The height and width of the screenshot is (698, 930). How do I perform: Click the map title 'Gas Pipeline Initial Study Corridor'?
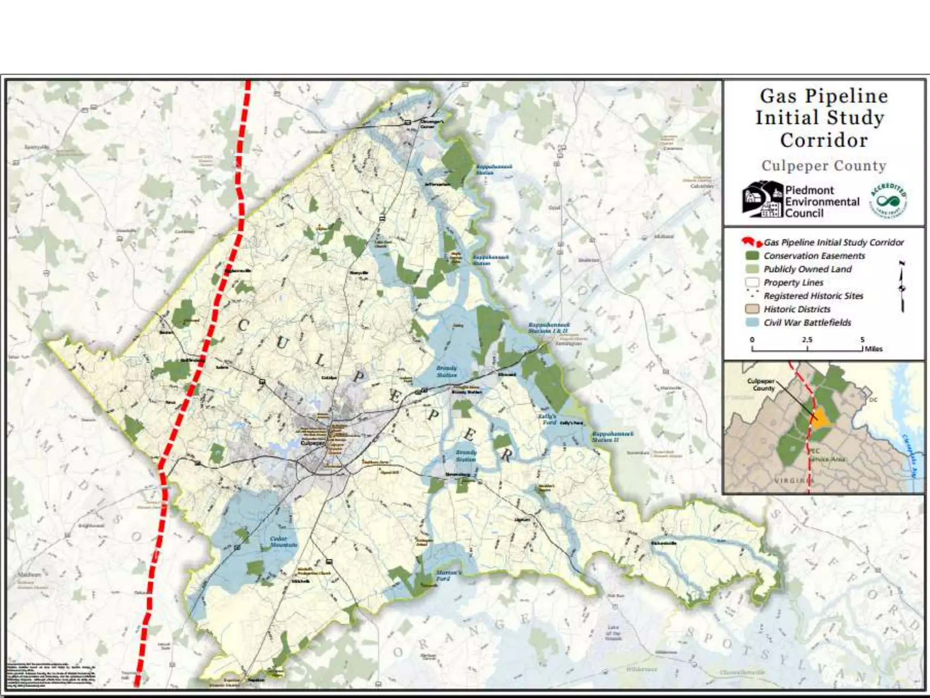(823, 118)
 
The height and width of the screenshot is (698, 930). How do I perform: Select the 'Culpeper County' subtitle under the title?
(824, 166)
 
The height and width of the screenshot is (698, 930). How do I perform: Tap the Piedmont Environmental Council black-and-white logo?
(763, 199)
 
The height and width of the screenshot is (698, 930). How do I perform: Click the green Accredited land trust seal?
(888, 201)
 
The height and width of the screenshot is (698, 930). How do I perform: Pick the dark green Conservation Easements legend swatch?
(752, 256)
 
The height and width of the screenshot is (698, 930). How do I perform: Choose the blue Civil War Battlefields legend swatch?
(752, 323)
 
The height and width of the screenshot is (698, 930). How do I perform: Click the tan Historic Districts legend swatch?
(752, 309)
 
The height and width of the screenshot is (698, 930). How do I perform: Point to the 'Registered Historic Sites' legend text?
(813, 296)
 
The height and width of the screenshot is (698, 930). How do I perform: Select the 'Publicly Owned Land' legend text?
(807, 269)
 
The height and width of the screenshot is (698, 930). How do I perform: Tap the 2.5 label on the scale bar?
(807, 340)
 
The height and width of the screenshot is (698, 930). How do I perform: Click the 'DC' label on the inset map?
(873, 400)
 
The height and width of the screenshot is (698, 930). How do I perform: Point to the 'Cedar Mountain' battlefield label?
(283, 541)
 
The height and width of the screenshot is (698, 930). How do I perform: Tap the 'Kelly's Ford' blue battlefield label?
(547, 419)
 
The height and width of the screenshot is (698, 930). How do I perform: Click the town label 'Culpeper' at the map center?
(313, 443)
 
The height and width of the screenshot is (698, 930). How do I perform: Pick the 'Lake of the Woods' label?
(613, 633)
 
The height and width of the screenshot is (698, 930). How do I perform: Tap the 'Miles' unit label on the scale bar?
(874, 349)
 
